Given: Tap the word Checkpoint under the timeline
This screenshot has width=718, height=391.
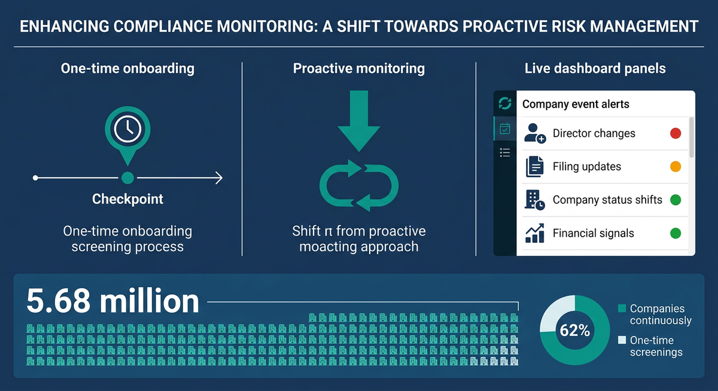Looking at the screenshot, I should point(127,199).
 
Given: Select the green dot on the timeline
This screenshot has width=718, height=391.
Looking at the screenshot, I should point(127,178).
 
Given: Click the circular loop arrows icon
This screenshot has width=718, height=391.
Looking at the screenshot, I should point(358,185).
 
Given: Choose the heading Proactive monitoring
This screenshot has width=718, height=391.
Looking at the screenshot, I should point(358,69).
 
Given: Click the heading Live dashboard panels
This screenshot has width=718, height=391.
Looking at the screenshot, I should point(595,69).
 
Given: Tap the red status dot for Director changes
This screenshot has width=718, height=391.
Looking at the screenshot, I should point(676,133).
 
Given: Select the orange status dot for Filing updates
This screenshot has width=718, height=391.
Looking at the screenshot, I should point(676,167).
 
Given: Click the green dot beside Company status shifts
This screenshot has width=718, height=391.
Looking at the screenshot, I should point(676,200).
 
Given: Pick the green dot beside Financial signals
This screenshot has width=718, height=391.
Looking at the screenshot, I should point(676,233).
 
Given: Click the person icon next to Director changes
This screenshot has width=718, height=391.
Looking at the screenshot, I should point(534,133).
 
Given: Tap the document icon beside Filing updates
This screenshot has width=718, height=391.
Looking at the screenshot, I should point(534,167).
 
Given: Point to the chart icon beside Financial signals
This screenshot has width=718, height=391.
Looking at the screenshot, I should point(534,233).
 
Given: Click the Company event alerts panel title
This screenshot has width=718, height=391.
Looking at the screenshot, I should point(576,104).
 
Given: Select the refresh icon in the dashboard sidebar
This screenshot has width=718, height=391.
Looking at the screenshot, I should point(505,104).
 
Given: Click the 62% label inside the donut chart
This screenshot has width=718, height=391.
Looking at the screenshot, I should point(575,331).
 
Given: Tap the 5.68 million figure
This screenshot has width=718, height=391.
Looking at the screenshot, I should point(113,301).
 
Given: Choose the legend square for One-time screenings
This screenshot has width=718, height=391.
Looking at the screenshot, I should point(622,341).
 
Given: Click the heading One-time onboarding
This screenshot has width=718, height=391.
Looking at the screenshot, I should point(127,69).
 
